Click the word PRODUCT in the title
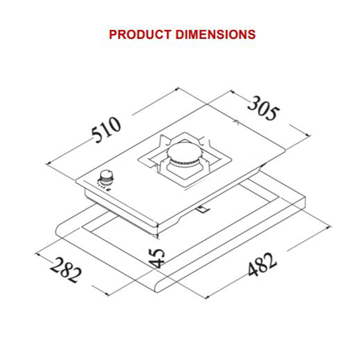tap(139, 35)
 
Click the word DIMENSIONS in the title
tap(216, 35)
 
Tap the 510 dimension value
tap(106, 130)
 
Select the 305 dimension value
tap(264, 108)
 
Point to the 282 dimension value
tap(66, 270)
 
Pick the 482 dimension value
tap(262, 264)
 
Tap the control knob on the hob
tap(106, 178)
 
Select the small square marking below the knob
tap(108, 189)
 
